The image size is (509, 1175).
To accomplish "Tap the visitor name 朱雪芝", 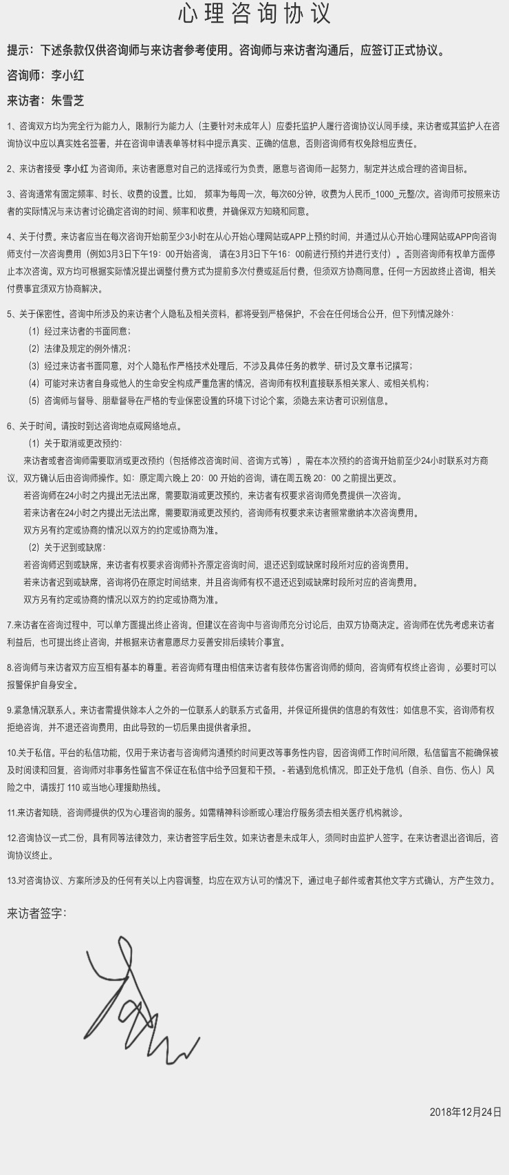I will tap(67, 100).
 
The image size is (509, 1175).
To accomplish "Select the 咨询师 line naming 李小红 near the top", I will tap(45, 75).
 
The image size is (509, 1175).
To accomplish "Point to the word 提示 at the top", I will tap(19, 50).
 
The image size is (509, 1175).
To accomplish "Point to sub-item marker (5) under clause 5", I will tap(34, 401).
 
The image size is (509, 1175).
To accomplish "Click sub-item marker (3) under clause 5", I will tap(34, 366).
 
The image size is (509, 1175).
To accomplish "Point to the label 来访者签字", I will tap(36, 913).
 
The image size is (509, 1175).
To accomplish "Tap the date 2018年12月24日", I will tap(466, 1112).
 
